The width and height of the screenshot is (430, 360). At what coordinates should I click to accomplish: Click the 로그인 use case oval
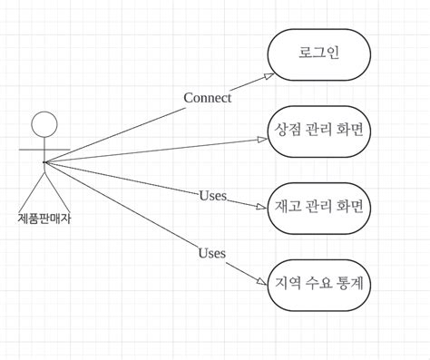pyautogui.click(x=318, y=54)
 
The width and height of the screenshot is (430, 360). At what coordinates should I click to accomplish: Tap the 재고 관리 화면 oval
pyautogui.click(x=318, y=207)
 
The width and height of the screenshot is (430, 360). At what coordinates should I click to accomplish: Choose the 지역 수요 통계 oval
pyautogui.click(x=318, y=283)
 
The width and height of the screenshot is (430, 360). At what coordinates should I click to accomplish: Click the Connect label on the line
pyautogui.click(x=207, y=98)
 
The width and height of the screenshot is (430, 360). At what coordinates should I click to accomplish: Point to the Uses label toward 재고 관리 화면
pyautogui.click(x=212, y=196)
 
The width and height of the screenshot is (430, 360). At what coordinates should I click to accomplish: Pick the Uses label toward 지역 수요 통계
pyautogui.click(x=211, y=253)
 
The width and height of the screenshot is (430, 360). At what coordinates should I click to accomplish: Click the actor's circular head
pyautogui.click(x=44, y=125)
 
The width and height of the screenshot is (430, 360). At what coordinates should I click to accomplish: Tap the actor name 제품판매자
pyautogui.click(x=44, y=218)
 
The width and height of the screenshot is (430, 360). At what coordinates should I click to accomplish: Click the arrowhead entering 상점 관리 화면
pyautogui.click(x=263, y=139)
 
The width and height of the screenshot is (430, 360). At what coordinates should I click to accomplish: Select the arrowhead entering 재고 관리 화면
pyautogui.click(x=262, y=207)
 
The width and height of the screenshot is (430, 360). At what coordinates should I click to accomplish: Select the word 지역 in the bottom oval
pyautogui.click(x=287, y=283)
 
